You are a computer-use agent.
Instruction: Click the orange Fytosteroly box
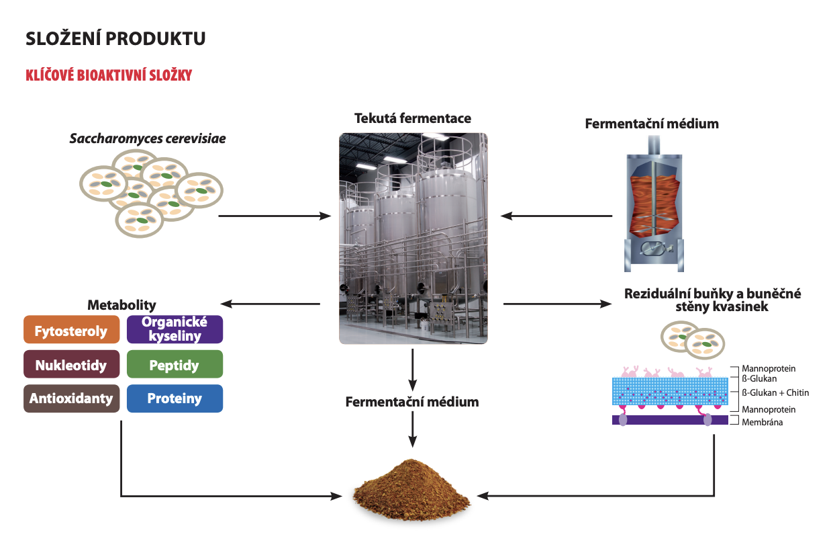pos(71,331)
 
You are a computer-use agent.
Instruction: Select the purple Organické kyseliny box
pos(175,329)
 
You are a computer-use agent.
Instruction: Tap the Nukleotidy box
pos(71,366)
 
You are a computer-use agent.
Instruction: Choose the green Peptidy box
pos(175,366)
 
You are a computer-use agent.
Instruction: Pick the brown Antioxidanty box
pos(71,399)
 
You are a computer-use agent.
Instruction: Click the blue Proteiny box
pos(175,399)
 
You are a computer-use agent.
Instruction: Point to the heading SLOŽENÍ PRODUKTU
pos(115,39)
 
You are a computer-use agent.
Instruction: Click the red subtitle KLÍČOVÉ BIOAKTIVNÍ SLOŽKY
pos(109,75)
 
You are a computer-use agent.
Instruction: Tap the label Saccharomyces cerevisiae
pos(148,139)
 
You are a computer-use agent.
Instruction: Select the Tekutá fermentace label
pos(413,119)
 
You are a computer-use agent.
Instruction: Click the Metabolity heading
pos(121,306)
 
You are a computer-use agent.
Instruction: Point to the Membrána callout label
pos(762,422)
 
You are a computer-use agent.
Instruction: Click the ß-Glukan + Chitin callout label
pos(775,392)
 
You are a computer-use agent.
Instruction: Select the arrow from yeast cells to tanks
pos(275,216)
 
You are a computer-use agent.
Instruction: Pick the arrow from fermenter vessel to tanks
pos(556,216)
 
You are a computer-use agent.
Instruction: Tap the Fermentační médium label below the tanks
pos(412,402)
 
